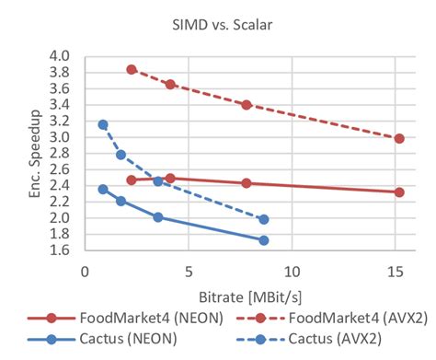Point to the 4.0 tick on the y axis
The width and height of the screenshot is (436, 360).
point(59,56)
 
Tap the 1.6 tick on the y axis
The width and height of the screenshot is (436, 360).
point(59,250)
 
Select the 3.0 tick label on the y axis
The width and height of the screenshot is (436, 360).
point(59,137)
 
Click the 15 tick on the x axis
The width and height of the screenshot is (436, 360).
point(396,272)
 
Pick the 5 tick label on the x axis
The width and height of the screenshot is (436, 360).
point(189,272)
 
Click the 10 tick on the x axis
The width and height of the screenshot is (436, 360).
point(292,272)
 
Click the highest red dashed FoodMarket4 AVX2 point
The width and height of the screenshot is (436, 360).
point(132,70)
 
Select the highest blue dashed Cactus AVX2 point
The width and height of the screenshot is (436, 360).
point(103,124)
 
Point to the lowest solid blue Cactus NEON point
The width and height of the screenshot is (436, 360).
point(264,240)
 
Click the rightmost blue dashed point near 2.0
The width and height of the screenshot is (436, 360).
point(264,219)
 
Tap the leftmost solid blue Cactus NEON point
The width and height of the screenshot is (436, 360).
point(103,189)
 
